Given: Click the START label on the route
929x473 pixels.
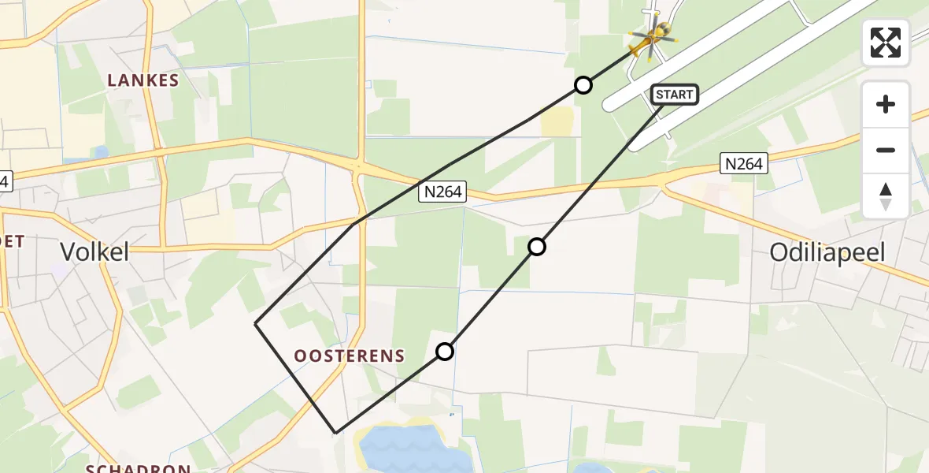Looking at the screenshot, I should point(675,95).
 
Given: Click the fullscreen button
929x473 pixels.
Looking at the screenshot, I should point(886,43).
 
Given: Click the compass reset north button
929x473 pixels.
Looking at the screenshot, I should point(886,196).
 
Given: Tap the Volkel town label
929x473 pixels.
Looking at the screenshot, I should point(95,252).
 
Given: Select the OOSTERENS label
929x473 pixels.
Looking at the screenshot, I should point(350,356).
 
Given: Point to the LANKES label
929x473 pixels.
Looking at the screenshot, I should point(143,80).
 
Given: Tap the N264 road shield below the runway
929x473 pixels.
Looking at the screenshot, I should point(742,164).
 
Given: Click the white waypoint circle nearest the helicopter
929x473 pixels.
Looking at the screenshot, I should point(583,85).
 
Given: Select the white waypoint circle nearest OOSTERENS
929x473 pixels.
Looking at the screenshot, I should point(445,352).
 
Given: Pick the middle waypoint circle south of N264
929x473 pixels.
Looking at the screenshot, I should point(536,247).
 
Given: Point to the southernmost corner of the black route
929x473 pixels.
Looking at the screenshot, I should point(336,433).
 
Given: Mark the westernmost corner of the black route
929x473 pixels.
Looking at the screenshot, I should point(256,323).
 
